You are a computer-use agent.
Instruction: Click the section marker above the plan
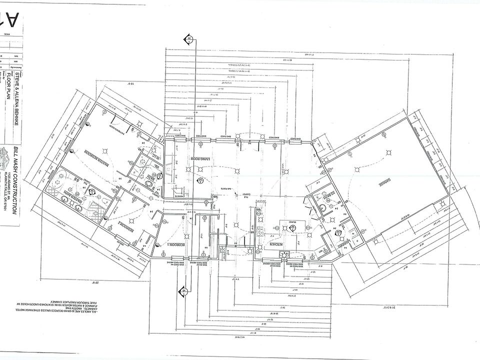[x=189, y=38]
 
